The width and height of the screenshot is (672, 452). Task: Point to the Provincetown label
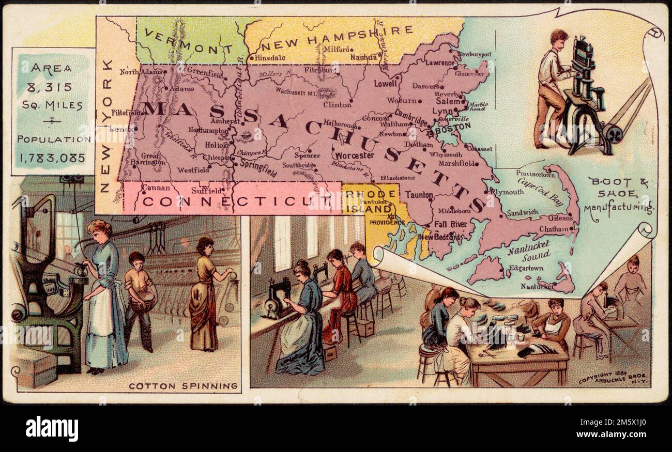(534, 175)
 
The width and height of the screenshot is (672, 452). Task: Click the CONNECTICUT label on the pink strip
(230, 201)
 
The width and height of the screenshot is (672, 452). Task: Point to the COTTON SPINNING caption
(183, 386)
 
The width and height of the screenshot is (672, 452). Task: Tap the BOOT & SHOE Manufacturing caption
(618, 195)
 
